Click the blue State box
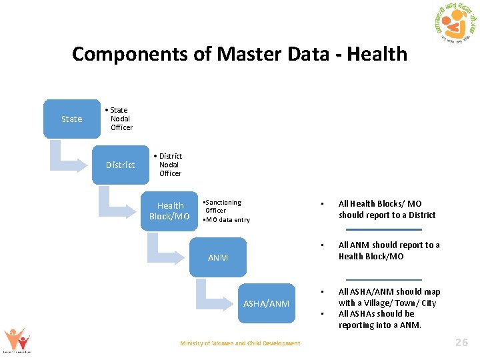(x=72, y=119)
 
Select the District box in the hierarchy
(x=120, y=165)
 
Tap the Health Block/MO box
(x=169, y=211)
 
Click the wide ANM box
(x=218, y=257)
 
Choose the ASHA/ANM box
(x=266, y=303)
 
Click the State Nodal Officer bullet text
(x=120, y=119)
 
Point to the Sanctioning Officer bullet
(x=223, y=206)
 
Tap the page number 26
(x=461, y=343)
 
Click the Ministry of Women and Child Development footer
(x=240, y=343)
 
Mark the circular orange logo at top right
(x=454, y=25)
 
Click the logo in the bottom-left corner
(x=16, y=339)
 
